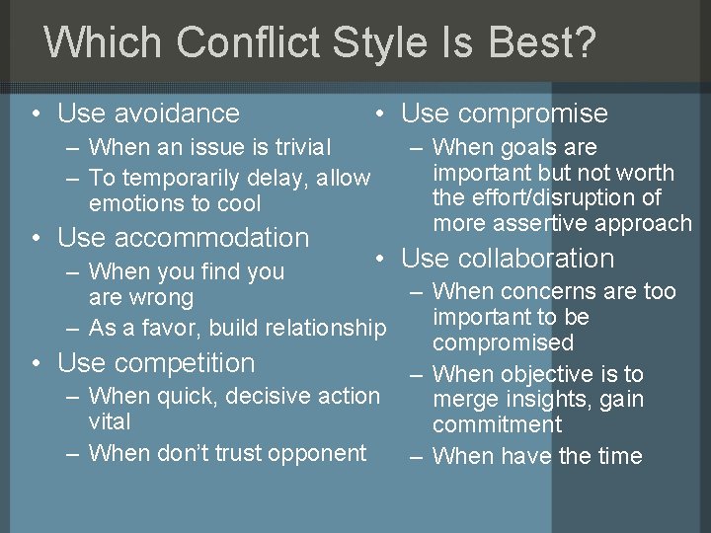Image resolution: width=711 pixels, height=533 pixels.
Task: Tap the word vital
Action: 109,421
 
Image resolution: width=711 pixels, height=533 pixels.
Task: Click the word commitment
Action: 497,425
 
